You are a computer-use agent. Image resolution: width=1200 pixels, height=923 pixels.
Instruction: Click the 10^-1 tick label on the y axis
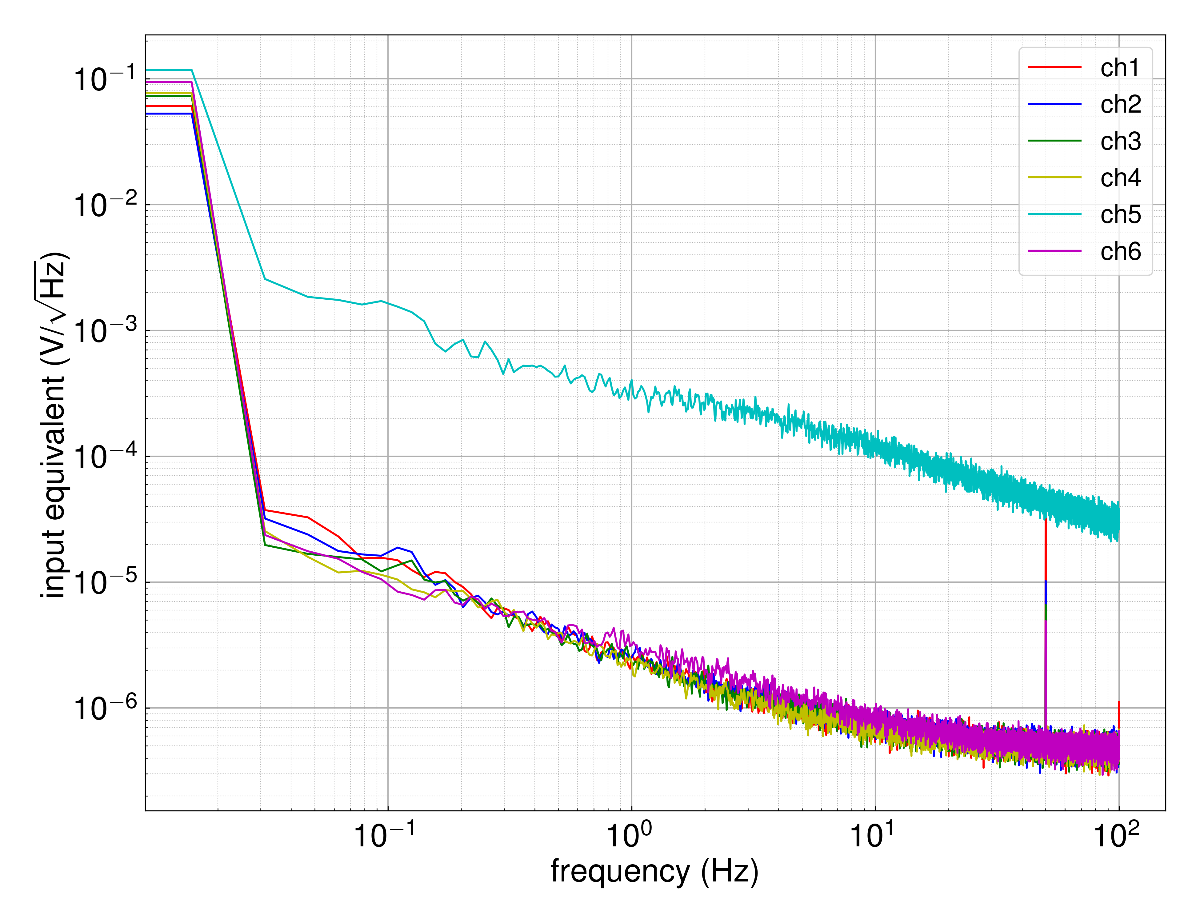[x=104, y=78]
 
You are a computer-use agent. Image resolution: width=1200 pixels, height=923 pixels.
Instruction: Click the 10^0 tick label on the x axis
[x=629, y=835]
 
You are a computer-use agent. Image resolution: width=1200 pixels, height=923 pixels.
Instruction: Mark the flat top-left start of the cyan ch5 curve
[x=168, y=70]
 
